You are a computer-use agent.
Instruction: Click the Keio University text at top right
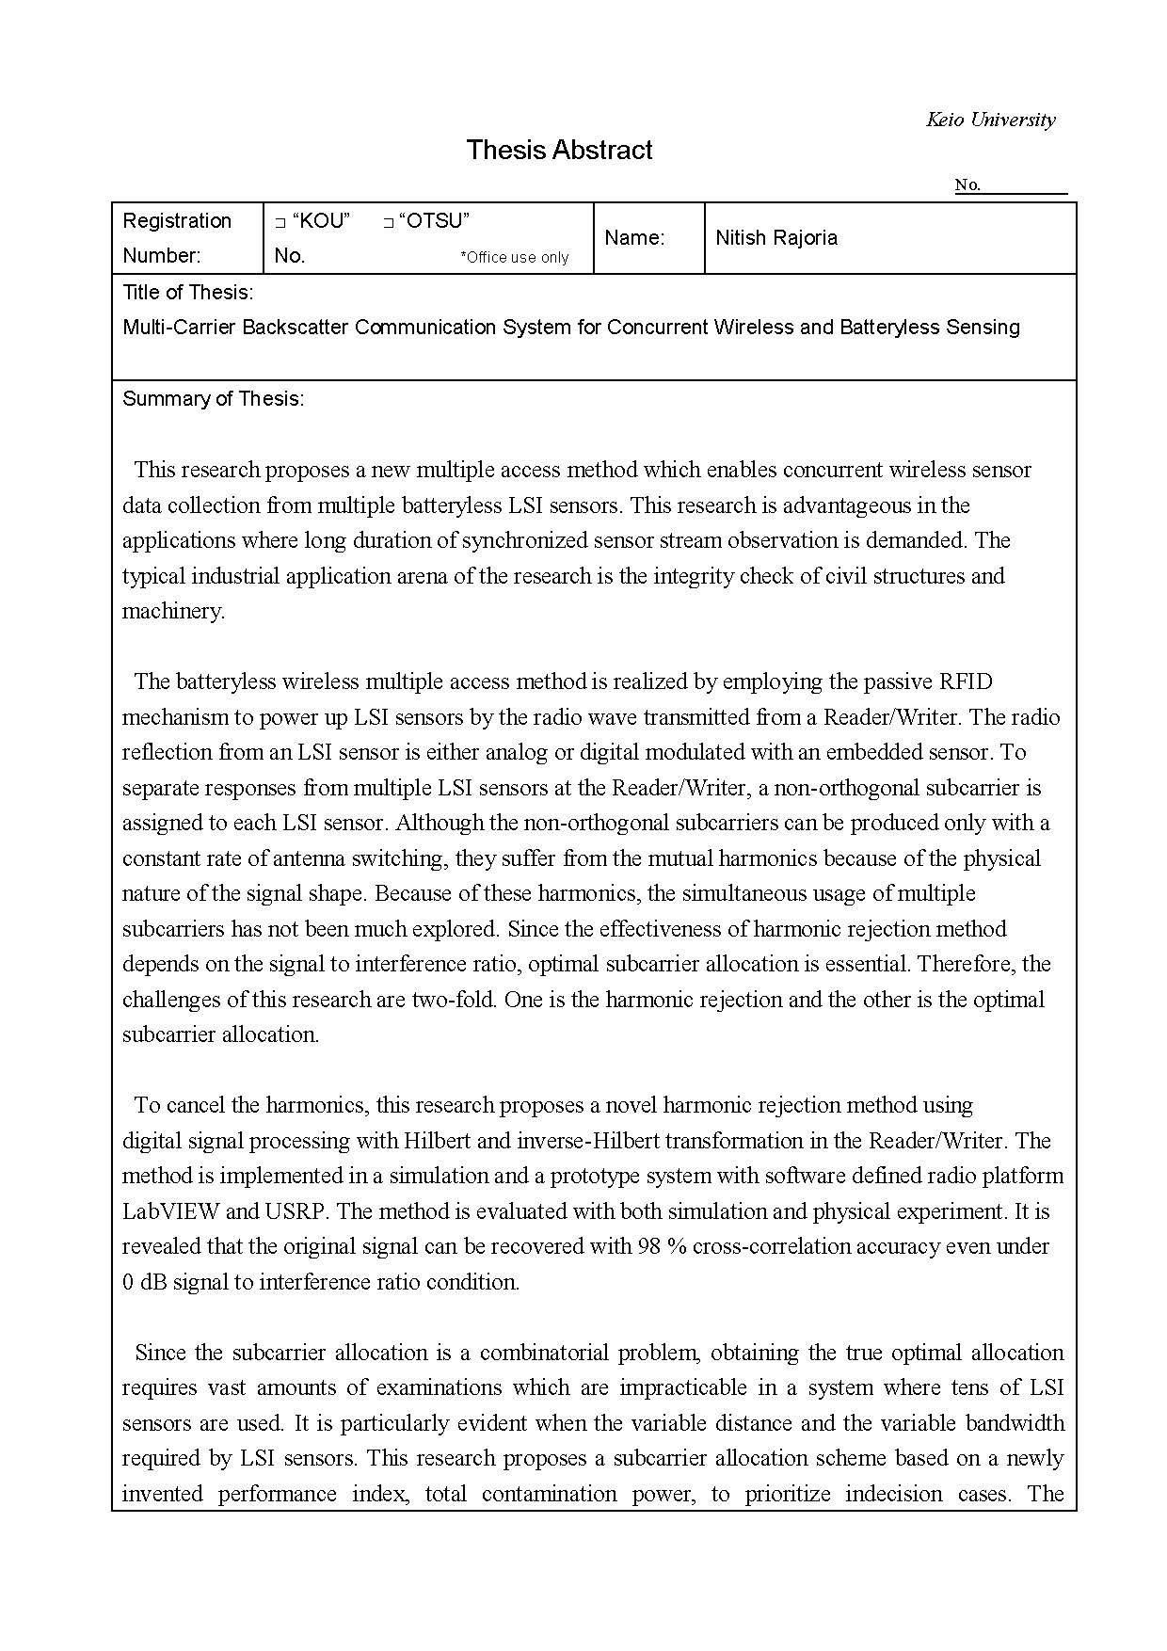(x=990, y=120)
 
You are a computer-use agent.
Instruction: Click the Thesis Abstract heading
(x=559, y=151)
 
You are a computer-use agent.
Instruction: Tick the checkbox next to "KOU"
(x=280, y=223)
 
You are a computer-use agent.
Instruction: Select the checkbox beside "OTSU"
(x=388, y=223)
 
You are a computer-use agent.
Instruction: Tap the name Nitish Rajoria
(x=776, y=238)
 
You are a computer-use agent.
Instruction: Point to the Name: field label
(x=634, y=238)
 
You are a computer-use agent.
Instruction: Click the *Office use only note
(x=514, y=257)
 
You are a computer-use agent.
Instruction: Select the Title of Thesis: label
(x=187, y=293)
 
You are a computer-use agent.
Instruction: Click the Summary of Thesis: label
(x=213, y=399)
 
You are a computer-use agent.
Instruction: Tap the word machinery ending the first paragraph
(x=172, y=611)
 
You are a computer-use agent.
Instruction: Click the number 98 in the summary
(x=648, y=1246)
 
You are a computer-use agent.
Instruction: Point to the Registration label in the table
(x=177, y=221)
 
